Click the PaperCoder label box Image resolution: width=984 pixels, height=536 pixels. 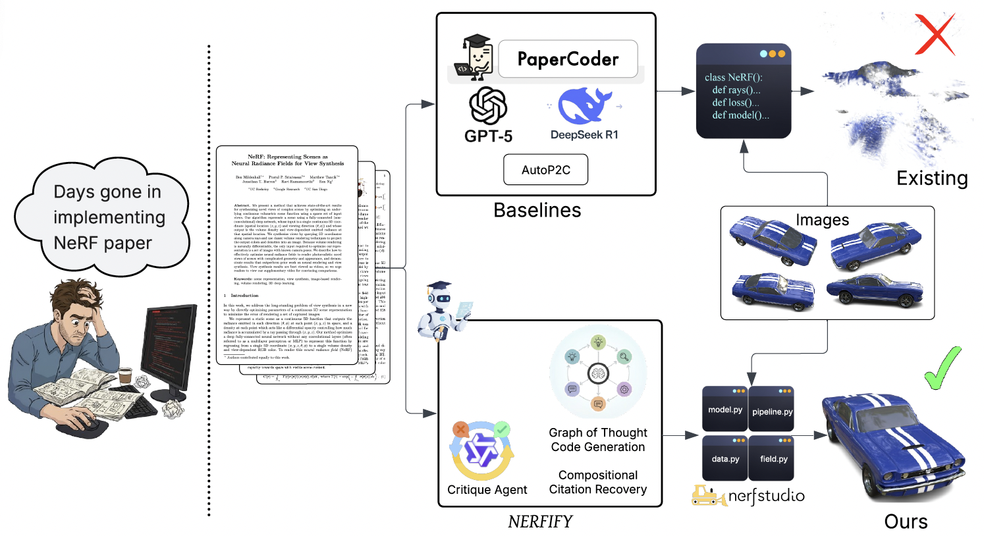tap(568, 59)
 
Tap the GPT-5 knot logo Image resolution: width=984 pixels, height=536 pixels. tap(488, 106)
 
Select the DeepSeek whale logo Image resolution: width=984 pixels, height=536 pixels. tap(584, 105)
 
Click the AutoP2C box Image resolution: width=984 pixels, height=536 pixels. tap(545, 170)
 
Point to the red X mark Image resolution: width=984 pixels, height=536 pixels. tap(935, 34)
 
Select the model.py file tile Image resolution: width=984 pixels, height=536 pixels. tap(724, 409)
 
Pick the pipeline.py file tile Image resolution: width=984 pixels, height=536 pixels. tap(771, 409)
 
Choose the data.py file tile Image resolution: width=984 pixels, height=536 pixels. tap(724, 458)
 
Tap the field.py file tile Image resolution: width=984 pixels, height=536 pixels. tap(772, 458)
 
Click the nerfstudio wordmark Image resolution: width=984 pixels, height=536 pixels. tap(766, 496)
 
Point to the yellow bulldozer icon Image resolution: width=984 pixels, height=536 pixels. tap(708, 496)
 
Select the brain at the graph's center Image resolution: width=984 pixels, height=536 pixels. tap(598, 373)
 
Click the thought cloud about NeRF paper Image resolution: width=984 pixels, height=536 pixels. tap(104, 217)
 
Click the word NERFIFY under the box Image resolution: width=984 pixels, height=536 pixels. tap(540, 522)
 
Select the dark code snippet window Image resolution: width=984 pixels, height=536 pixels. tap(744, 92)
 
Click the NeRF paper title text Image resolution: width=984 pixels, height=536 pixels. tap(287, 160)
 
